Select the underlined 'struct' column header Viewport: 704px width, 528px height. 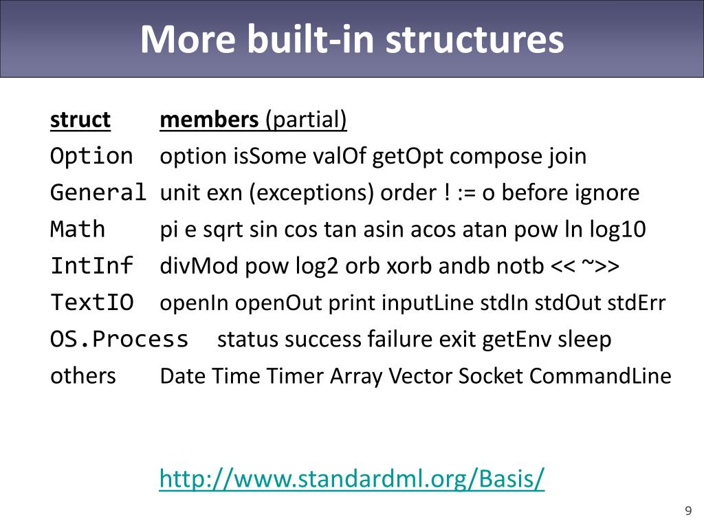[x=80, y=120]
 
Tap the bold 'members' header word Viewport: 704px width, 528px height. [x=208, y=120]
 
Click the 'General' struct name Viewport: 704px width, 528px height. [x=98, y=192]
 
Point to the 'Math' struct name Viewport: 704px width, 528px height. [x=78, y=229]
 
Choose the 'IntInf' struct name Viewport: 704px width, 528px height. [x=91, y=265]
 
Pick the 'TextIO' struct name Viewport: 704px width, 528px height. [x=91, y=302]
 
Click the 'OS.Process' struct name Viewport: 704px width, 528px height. [x=119, y=339]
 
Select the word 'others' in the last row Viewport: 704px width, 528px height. [x=83, y=376]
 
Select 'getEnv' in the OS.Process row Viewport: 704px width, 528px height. [x=516, y=339]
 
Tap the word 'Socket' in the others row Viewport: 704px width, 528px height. [x=490, y=376]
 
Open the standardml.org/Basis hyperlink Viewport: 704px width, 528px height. [x=351, y=478]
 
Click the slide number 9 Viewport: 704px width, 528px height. [x=687, y=510]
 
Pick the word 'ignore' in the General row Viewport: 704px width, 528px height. [x=607, y=193]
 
